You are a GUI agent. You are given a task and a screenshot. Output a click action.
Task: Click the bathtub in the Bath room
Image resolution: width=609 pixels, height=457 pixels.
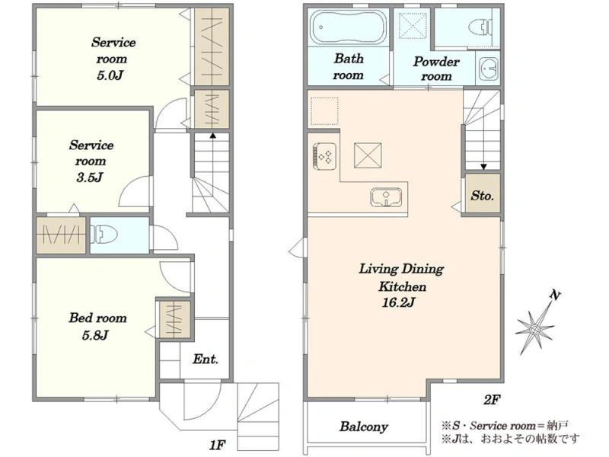point(348,27)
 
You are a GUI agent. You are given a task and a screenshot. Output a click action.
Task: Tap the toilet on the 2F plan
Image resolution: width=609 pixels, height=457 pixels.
point(479,27)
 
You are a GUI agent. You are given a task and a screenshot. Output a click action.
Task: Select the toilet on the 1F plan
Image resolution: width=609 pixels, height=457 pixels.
point(104,235)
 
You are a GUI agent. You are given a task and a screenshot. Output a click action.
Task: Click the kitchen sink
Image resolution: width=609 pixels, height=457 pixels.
point(386,197)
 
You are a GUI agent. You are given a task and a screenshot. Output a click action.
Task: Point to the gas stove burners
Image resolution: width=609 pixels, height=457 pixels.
point(325,156)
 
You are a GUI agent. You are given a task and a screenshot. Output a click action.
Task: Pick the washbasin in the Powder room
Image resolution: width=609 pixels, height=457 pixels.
point(488,69)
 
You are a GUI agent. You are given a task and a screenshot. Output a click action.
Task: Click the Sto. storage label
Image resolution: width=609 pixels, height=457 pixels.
point(482,195)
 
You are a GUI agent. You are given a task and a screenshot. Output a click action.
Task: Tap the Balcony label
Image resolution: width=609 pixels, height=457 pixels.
point(364,427)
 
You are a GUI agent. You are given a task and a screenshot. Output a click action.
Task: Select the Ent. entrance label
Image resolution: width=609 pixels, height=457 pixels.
point(205,359)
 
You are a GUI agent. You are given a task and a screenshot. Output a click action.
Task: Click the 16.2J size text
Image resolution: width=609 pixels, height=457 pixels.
point(399,302)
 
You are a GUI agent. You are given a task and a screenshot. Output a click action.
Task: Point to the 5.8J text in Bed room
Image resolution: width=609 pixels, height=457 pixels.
point(94,334)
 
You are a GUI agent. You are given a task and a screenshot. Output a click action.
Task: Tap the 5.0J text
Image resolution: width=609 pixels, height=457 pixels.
point(110,75)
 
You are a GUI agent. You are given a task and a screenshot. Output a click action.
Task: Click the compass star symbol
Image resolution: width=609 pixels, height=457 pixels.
point(534,330)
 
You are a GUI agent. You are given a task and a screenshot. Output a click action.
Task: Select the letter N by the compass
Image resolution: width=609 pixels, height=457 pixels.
point(556,296)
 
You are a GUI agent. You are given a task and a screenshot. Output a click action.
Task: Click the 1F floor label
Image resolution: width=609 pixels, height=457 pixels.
point(217,445)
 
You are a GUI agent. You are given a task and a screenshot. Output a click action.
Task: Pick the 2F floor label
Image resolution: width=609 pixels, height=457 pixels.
point(492,399)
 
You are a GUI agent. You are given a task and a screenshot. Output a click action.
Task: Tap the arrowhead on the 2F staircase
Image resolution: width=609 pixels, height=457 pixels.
point(483,167)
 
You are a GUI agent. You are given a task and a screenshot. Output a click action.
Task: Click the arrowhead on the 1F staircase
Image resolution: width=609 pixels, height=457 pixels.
point(212,136)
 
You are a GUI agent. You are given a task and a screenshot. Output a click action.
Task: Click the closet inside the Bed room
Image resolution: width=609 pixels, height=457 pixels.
point(175,320)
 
